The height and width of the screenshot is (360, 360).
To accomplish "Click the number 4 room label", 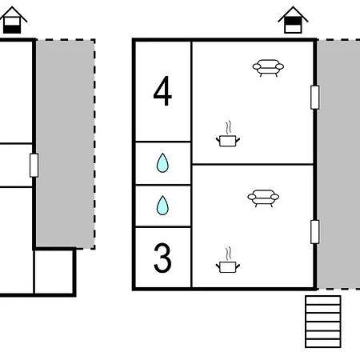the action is click(162, 91).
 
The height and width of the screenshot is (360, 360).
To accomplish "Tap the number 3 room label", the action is click(162, 258).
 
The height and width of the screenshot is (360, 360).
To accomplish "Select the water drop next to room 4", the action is click(162, 163).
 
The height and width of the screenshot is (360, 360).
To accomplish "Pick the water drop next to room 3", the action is click(162, 206).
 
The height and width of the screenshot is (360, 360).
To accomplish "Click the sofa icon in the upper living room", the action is click(268, 68).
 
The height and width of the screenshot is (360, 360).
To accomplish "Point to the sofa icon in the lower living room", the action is click(263, 198).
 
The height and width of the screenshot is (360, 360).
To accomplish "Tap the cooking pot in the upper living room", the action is click(228, 141).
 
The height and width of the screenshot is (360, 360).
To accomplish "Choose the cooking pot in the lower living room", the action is click(228, 267).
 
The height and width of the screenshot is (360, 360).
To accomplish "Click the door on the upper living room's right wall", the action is click(315, 97).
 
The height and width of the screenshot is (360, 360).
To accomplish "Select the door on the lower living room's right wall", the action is click(315, 232).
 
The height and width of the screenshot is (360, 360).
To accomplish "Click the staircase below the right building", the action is click(323, 322).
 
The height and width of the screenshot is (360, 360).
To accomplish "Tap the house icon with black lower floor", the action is click(12, 20).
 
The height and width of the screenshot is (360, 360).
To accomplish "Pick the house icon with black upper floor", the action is click(293, 20).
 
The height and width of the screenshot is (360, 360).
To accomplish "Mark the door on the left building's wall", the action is click(34, 165).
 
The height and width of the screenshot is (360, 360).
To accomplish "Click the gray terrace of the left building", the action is click(66, 144).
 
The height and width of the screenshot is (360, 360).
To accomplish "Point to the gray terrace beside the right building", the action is click(338, 164).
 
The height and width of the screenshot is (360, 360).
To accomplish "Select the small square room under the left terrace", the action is click(54, 271).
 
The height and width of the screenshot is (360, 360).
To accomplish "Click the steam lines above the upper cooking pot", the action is click(228, 128).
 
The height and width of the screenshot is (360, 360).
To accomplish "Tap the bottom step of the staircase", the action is click(323, 343).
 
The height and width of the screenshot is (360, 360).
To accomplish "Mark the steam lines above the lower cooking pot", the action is click(228, 254).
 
